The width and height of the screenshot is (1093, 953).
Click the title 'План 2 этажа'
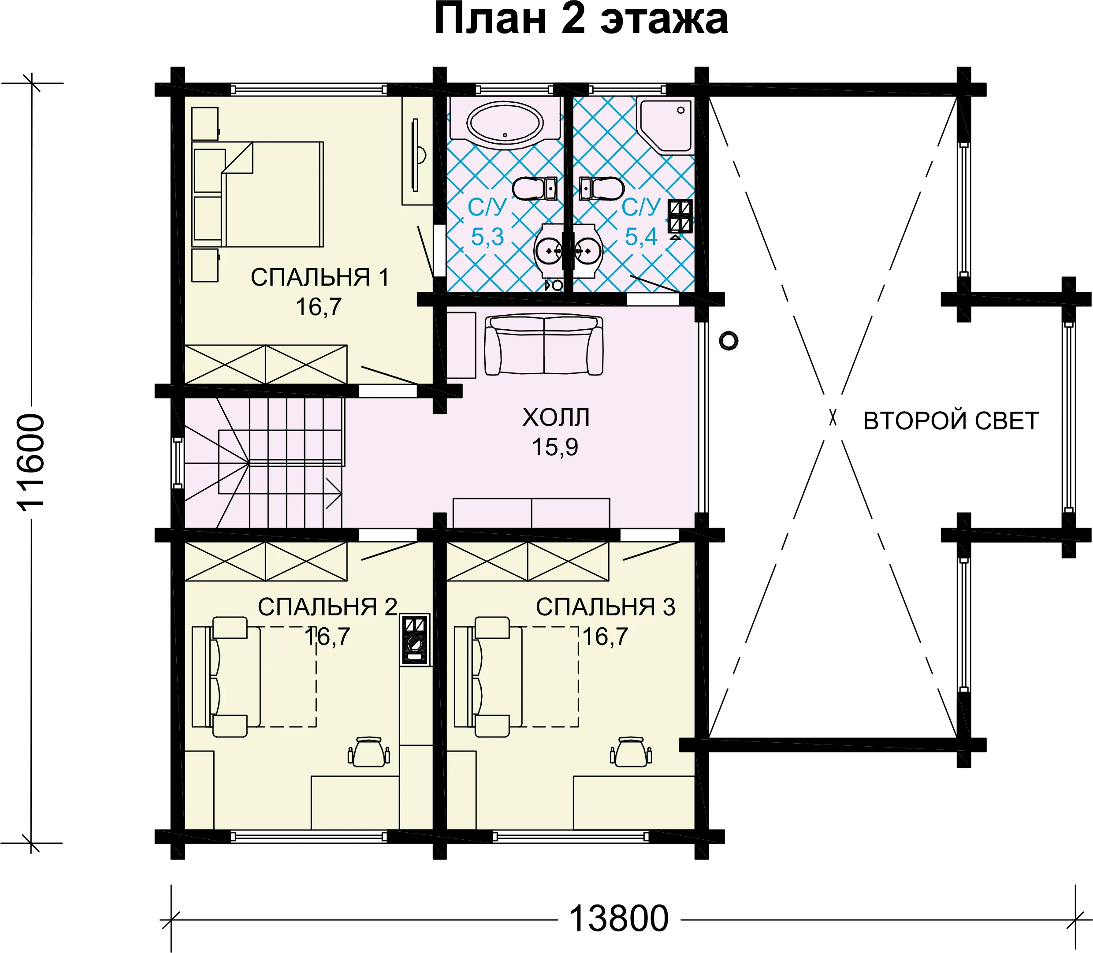point(581,20)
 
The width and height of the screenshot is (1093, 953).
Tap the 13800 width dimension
point(618,919)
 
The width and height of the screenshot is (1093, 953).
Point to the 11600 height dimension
point(31,463)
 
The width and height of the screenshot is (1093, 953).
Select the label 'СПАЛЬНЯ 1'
point(320,278)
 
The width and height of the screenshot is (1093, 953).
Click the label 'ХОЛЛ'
point(556,418)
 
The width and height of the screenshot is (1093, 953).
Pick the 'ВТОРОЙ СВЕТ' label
point(951,421)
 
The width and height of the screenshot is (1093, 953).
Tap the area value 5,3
point(487,237)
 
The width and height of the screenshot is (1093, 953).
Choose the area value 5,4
point(641,237)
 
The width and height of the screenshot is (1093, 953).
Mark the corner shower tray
point(665,126)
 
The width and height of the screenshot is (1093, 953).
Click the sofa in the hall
point(544,345)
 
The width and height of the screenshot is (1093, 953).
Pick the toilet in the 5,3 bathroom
point(535,188)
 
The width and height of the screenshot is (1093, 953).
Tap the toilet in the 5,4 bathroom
point(601,188)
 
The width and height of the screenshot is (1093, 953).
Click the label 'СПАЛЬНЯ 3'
point(606,607)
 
